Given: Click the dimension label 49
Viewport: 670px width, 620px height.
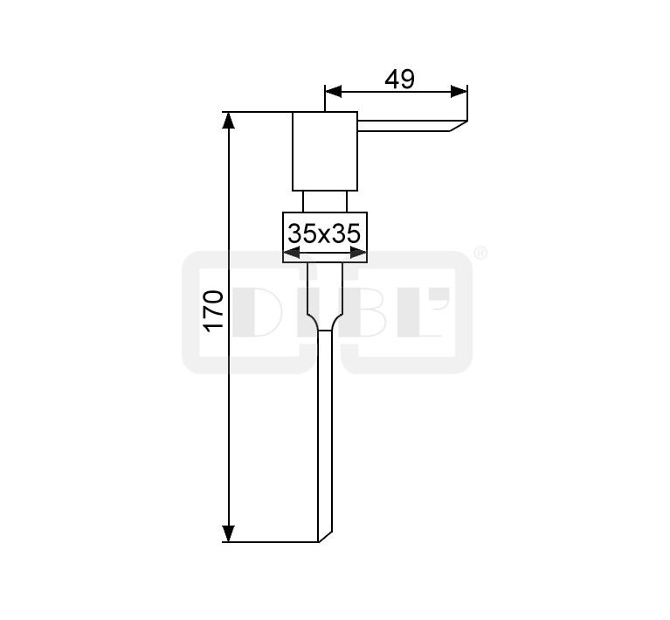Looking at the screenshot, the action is [x=399, y=80].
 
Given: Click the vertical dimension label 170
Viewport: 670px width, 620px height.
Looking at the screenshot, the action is [x=214, y=310].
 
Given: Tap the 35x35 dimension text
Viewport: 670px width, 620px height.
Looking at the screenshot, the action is [x=324, y=233].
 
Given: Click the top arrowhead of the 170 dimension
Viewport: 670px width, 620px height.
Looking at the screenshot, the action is [x=229, y=120].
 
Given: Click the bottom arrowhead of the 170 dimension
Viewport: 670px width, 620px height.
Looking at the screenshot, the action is [x=229, y=533].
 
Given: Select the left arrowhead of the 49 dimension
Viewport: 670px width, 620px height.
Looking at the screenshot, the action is [x=334, y=91].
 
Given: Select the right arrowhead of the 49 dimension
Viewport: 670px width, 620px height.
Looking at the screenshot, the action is [x=459, y=91].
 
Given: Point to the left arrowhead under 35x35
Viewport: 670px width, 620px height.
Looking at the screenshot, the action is [x=292, y=254].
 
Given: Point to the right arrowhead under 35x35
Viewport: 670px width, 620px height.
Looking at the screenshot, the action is [x=358, y=254].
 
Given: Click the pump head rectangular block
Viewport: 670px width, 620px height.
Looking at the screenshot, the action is [x=325, y=151].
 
